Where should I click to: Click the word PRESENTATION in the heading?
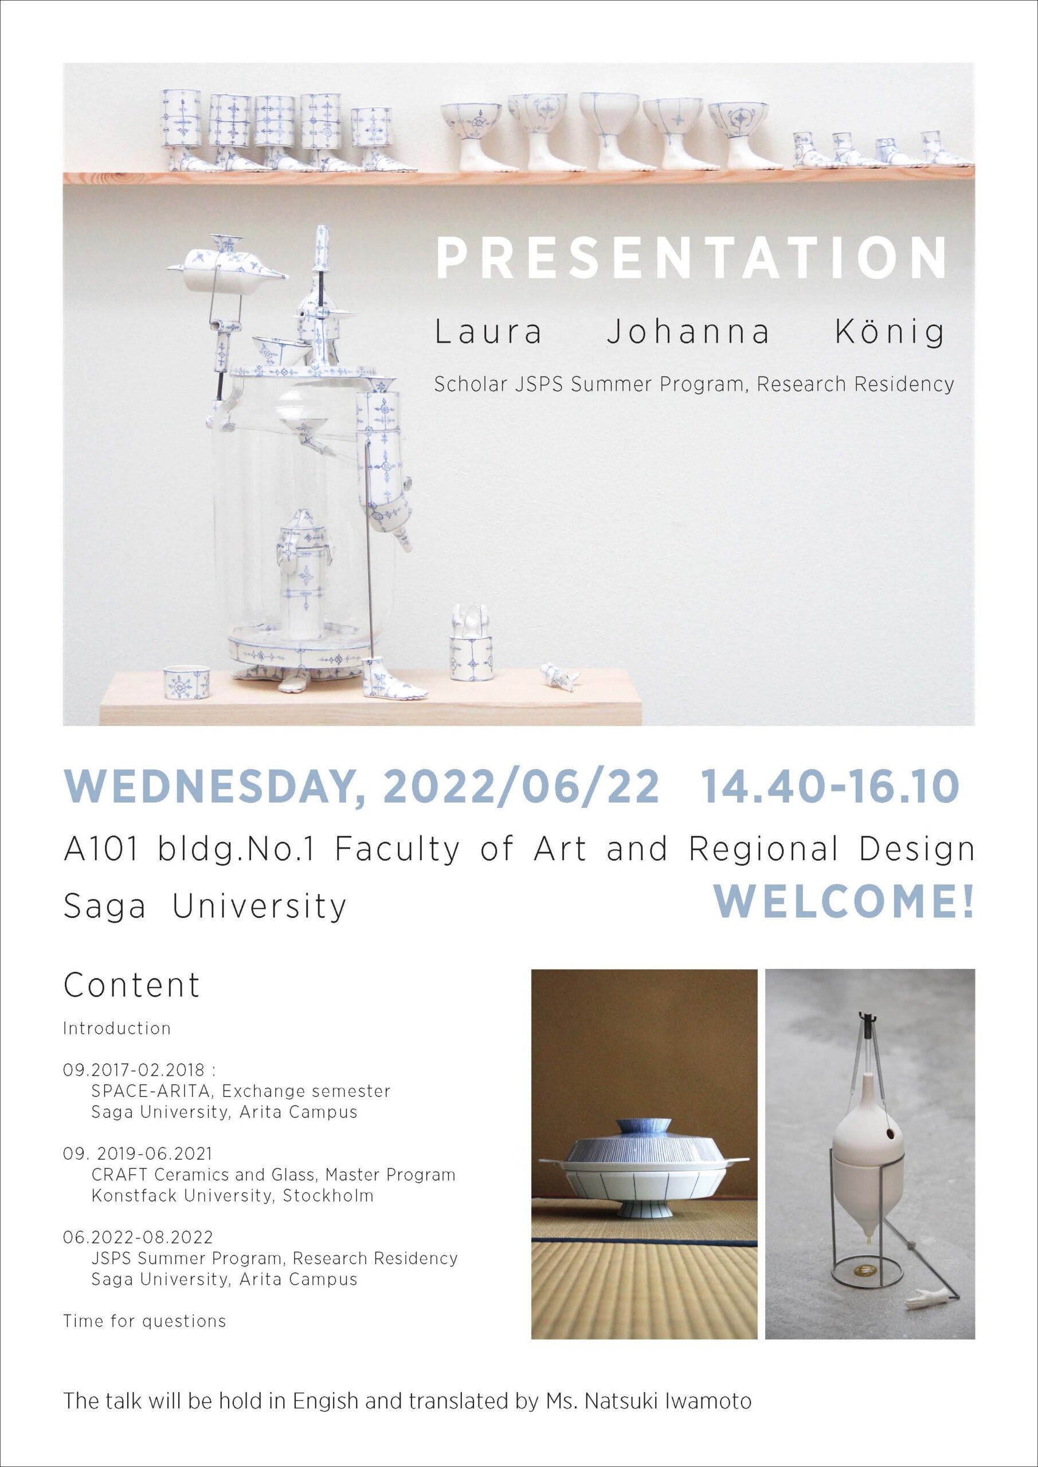tap(690, 258)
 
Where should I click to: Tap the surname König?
tap(890, 333)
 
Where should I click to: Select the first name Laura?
tap(488, 333)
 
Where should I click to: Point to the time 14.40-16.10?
tap(829, 789)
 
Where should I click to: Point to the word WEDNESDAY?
tap(215, 789)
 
